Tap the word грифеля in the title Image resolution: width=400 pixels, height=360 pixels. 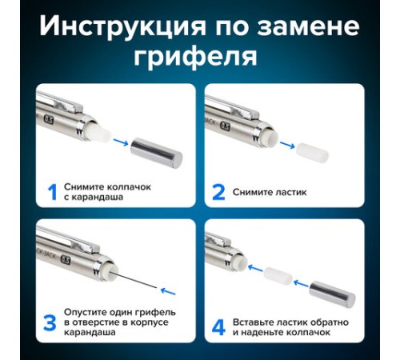tap(195, 57)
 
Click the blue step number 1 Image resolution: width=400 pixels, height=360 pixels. tap(53, 192)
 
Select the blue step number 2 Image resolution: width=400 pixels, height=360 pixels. tap(218, 192)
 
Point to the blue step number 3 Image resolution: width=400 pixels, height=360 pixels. tap(50, 323)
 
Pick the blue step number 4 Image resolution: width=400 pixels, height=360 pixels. tap(218, 328)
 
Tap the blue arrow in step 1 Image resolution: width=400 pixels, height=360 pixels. tap(121, 142)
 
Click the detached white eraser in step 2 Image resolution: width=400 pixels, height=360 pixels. tap(312, 153)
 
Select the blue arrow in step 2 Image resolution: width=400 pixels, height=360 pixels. tap(287, 145)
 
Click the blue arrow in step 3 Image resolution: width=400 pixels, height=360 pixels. tap(168, 291)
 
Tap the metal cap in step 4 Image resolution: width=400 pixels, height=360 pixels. tap(332, 294)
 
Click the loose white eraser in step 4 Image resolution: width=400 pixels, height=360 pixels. tap(278, 276)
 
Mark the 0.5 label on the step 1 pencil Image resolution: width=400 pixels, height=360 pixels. tap(49, 120)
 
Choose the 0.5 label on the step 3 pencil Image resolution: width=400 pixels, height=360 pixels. tap(66, 260)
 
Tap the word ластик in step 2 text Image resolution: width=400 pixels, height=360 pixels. tap(291, 192)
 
